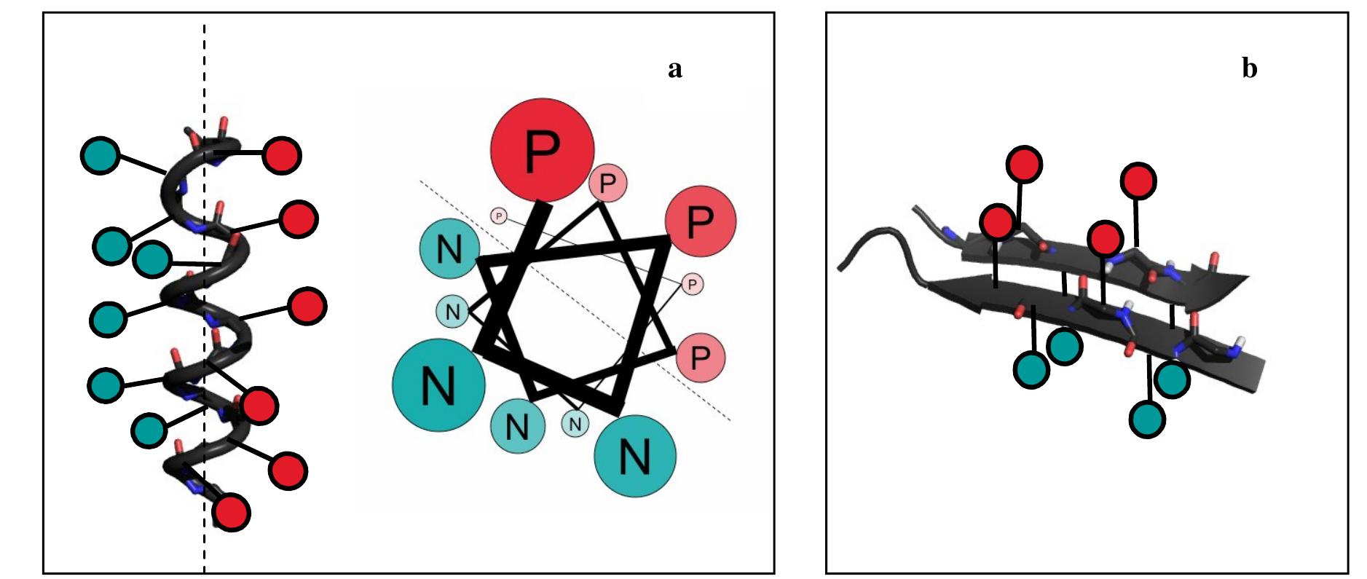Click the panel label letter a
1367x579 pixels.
[x=674, y=70]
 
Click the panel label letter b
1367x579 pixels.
[x=1249, y=68]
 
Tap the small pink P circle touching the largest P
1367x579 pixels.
[x=607, y=183]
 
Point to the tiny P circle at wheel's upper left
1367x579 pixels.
[x=499, y=216]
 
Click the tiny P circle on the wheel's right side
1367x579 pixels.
[x=693, y=283]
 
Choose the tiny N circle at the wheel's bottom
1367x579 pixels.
[x=575, y=422]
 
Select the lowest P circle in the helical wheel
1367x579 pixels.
[x=701, y=357]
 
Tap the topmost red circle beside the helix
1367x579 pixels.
[x=281, y=155]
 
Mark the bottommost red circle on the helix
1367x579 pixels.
[x=231, y=512]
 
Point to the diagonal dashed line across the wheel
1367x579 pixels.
[x=575, y=300]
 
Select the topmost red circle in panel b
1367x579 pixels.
[x=1024, y=164]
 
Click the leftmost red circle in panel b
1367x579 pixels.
[x=997, y=221]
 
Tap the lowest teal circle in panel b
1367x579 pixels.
[x=1148, y=419]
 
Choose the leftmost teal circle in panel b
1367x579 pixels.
[x=1031, y=369]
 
